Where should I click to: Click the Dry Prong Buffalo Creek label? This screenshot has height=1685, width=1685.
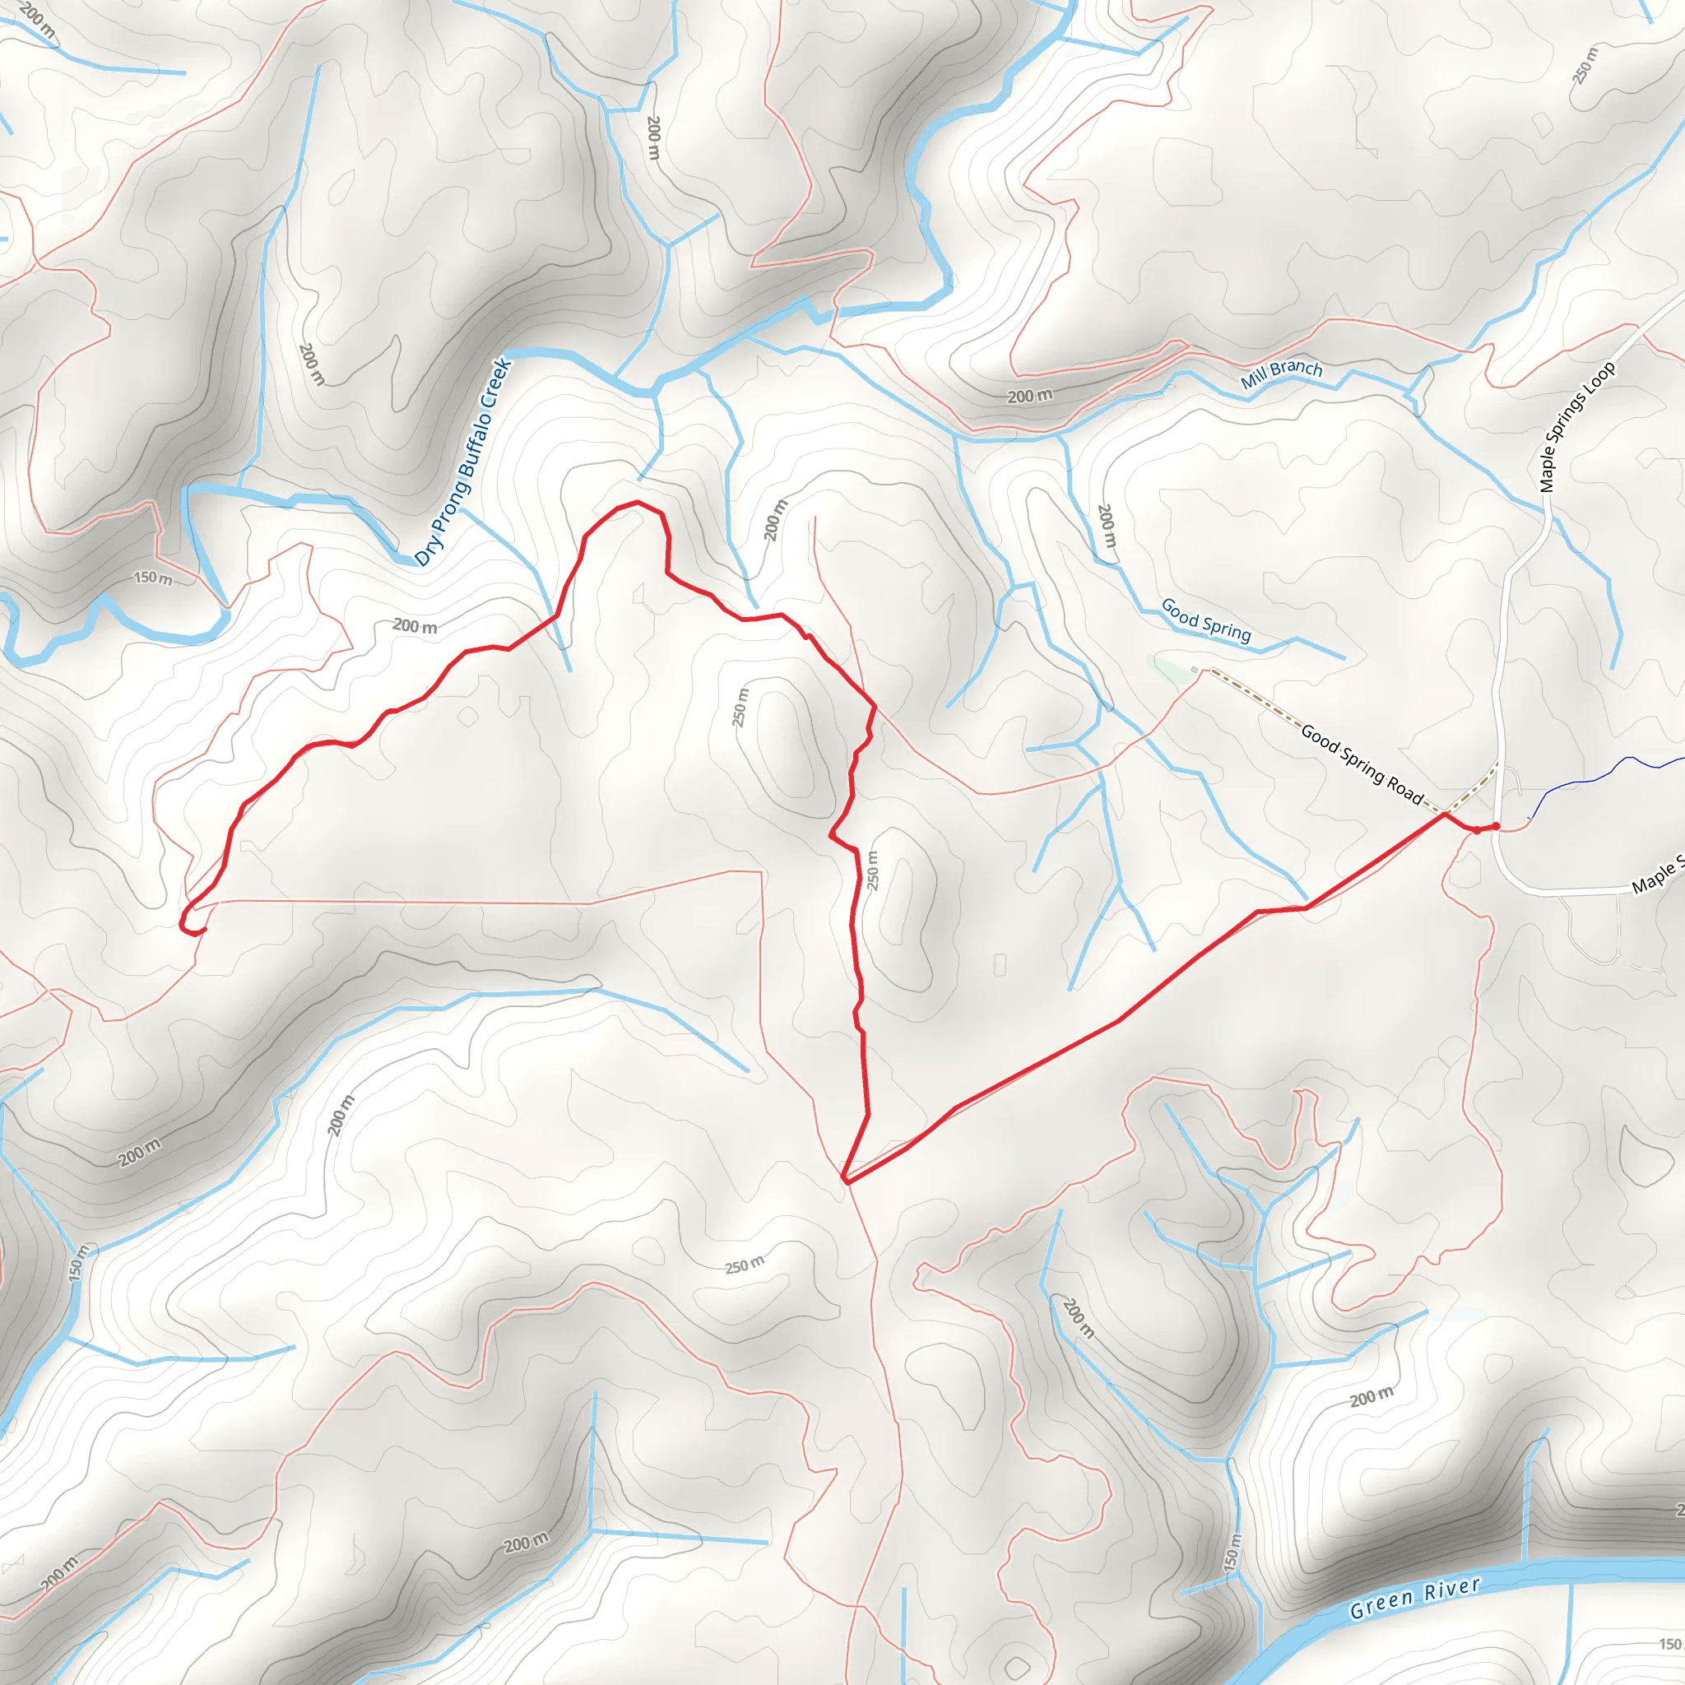point(462,462)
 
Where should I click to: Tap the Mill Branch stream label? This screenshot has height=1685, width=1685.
point(1281,374)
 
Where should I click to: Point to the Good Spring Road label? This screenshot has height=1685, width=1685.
point(1361,764)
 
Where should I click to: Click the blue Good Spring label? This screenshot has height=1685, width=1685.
point(1205,621)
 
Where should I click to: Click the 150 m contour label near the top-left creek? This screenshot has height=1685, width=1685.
point(153,578)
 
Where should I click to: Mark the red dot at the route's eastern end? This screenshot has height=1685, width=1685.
point(1496,826)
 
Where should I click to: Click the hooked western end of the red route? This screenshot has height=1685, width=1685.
point(186,926)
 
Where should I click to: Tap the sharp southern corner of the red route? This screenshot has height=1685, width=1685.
point(846,1181)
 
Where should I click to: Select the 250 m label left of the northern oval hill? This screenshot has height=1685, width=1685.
point(740,708)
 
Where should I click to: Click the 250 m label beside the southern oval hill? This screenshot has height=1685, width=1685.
point(872,870)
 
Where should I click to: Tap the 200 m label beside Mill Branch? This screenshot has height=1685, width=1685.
point(1029,396)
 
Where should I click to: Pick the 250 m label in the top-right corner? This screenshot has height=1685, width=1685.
point(1585,67)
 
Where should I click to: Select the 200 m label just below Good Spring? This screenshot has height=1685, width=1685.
point(1106,525)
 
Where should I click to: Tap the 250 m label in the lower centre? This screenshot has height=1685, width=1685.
point(744,1265)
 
